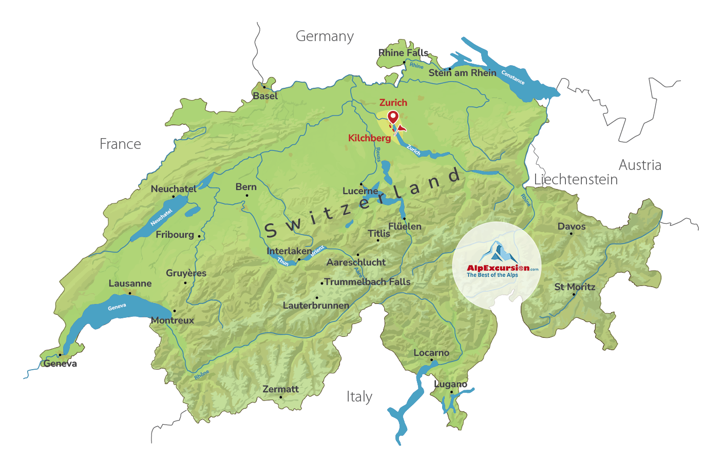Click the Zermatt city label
click(280, 389)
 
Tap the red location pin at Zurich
click(393, 118)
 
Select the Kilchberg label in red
click(369, 138)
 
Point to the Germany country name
click(325, 36)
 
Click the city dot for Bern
click(247, 195)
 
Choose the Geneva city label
click(60, 364)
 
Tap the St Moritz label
click(575, 287)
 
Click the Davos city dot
click(571, 234)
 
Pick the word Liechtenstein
click(576, 180)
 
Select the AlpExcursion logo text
click(498, 268)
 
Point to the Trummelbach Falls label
click(367, 282)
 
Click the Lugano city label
click(450, 384)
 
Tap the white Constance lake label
click(513, 78)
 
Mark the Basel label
click(265, 96)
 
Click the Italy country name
click(359, 397)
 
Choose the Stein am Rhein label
click(462, 73)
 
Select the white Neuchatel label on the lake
click(161, 217)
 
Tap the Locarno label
click(431, 353)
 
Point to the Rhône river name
click(202, 375)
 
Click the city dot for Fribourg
click(199, 236)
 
